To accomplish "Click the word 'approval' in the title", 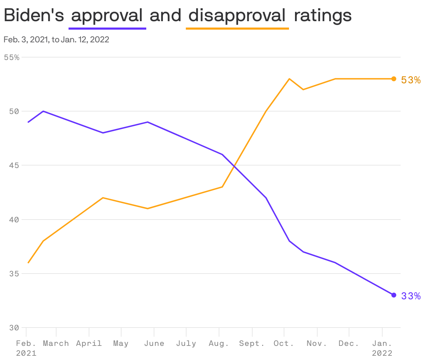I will (107, 16).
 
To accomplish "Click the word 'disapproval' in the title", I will (237, 16).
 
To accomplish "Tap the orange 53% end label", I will (411, 80).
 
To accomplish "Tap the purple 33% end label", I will (411, 296).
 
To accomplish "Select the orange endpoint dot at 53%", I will (394, 79).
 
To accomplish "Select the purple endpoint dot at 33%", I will (394, 295).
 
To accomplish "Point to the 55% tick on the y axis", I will (12, 57).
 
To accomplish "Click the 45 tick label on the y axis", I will (14, 165).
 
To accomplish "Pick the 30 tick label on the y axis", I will (14, 328).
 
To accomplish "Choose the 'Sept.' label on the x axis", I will (252, 343).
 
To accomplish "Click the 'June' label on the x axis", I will (154, 343).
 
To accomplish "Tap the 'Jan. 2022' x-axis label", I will (382, 348).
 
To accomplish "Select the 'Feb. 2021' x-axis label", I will (26, 348).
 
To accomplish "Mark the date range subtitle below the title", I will (56, 40).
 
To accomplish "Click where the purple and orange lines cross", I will (234, 166).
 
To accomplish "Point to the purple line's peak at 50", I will (43, 111).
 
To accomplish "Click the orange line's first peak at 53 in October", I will (289, 79).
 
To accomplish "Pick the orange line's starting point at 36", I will (28, 263).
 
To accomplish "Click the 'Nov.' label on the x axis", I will (317, 343).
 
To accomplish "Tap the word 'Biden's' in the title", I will (34, 16).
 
